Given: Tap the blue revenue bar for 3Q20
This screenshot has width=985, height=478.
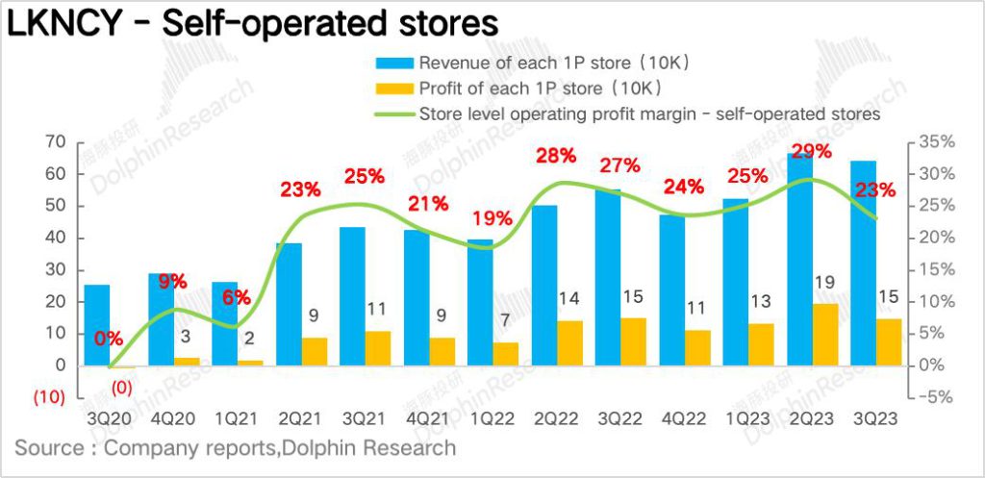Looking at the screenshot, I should point(97,325).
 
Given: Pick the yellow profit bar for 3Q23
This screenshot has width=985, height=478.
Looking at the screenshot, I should point(889,342).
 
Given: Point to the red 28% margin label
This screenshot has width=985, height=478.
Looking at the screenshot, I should point(556,155).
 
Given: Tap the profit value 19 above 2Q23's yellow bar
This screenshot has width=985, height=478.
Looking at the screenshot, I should point(824,284).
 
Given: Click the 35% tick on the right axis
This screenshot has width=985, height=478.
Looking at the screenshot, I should point(934,142).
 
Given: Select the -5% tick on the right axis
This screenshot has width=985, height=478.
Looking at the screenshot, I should point(934,397).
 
